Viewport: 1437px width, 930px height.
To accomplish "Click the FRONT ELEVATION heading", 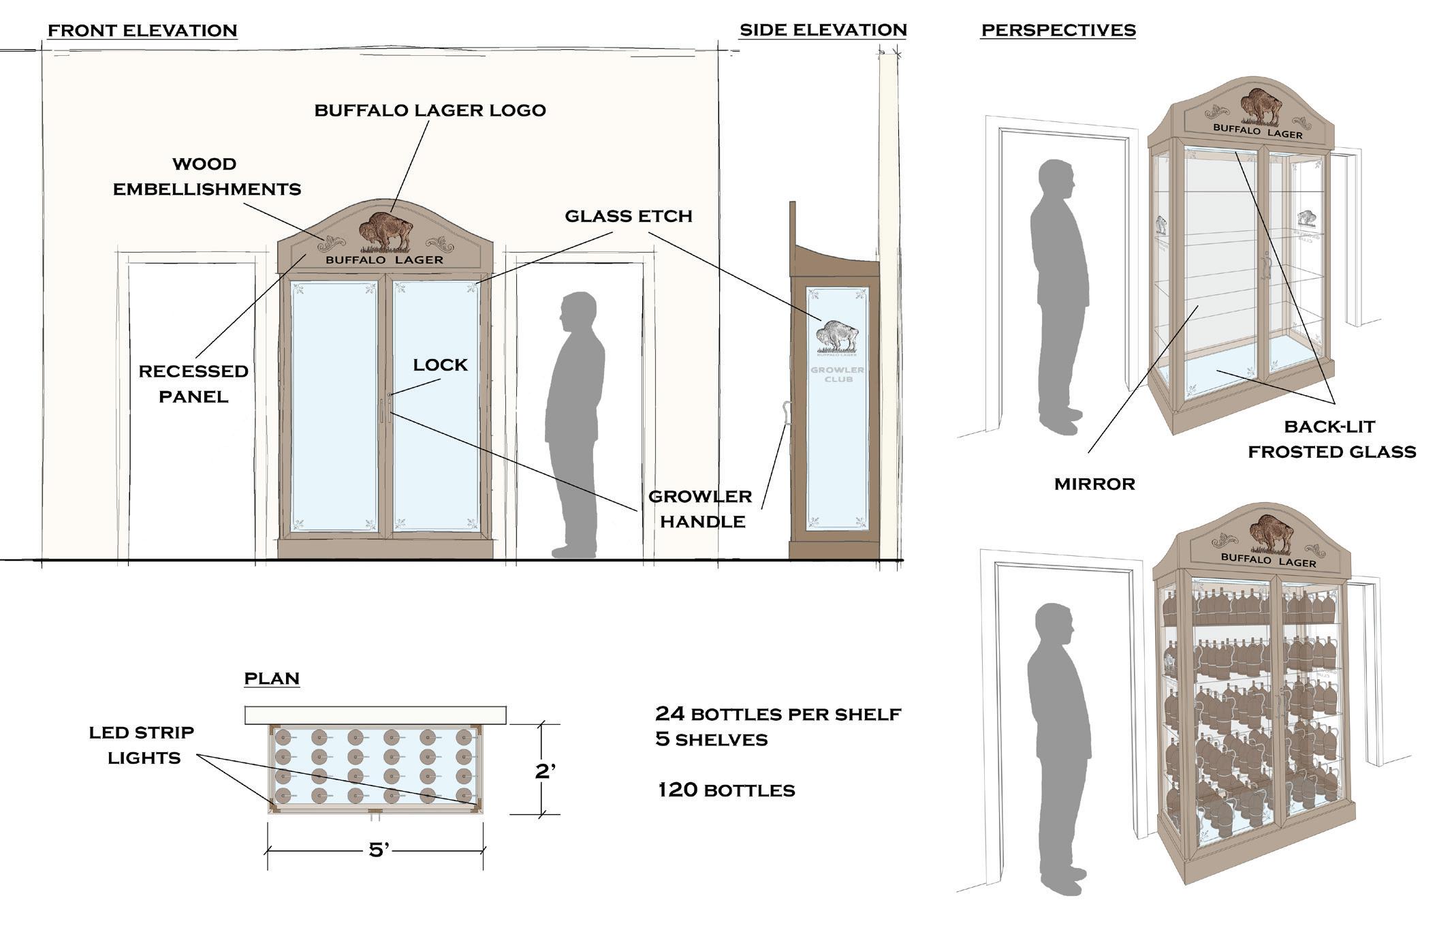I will tap(142, 31).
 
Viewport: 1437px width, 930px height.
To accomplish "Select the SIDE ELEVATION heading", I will tap(823, 30).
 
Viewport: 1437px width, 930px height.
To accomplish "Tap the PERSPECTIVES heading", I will tap(1058, 30).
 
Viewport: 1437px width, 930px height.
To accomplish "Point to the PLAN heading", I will tap(272, 678).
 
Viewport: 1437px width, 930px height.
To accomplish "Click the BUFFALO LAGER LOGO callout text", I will tap(430, 110).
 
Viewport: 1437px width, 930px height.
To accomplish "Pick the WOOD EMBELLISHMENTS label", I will tap(206, 176).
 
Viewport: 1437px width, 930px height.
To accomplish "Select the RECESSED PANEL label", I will tap(193, 384).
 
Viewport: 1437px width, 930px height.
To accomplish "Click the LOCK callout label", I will tap(440, 365).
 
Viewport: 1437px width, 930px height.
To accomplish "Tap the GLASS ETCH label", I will tap(628, 216).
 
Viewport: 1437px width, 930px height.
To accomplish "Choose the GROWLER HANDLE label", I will tap(701, 509).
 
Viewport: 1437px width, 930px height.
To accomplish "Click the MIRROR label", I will tap(1094, 484).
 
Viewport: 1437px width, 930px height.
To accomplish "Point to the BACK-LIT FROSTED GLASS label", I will tap(1331, 439).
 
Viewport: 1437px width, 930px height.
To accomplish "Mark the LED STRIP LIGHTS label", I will tap(142, 745).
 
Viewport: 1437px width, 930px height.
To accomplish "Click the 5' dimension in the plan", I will tap(378, 850).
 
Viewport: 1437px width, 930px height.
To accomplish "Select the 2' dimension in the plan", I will tap(545, 771).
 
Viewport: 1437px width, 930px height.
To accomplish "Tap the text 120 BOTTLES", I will tap(726, 790).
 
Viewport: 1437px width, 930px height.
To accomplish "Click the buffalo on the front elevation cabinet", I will tap(386, 231).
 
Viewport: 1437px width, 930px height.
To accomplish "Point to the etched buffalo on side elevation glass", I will tap(837, 337).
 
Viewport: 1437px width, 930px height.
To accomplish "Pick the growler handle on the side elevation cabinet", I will tap(788, 413).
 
